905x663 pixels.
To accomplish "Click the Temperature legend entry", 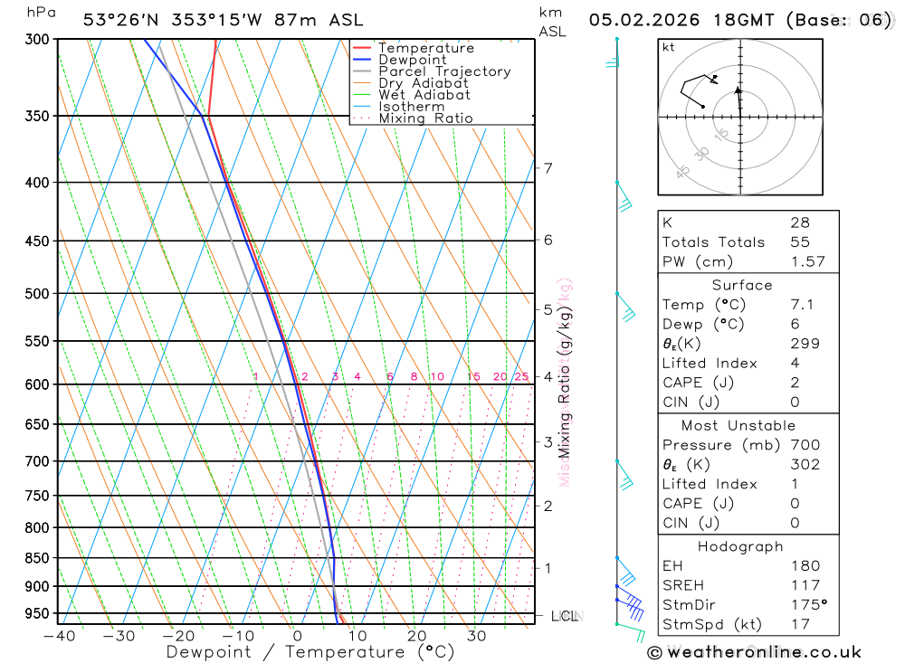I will point(425,48).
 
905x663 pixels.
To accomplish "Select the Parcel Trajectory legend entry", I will point(443,71).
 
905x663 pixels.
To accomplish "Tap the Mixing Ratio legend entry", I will point(425,118).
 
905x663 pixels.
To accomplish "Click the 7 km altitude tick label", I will point(548,168).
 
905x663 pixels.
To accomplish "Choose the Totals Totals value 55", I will point(799,242).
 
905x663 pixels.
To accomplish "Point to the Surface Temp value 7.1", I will point(802,305).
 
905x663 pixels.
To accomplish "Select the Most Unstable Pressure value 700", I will point(805,445).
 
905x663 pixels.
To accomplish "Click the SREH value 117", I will point(805,585).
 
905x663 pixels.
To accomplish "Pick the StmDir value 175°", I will point(808,605).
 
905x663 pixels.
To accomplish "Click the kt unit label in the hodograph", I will point(668,47).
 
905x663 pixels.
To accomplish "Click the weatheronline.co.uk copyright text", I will point(755,652).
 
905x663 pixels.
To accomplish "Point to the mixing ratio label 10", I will point(436,377).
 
